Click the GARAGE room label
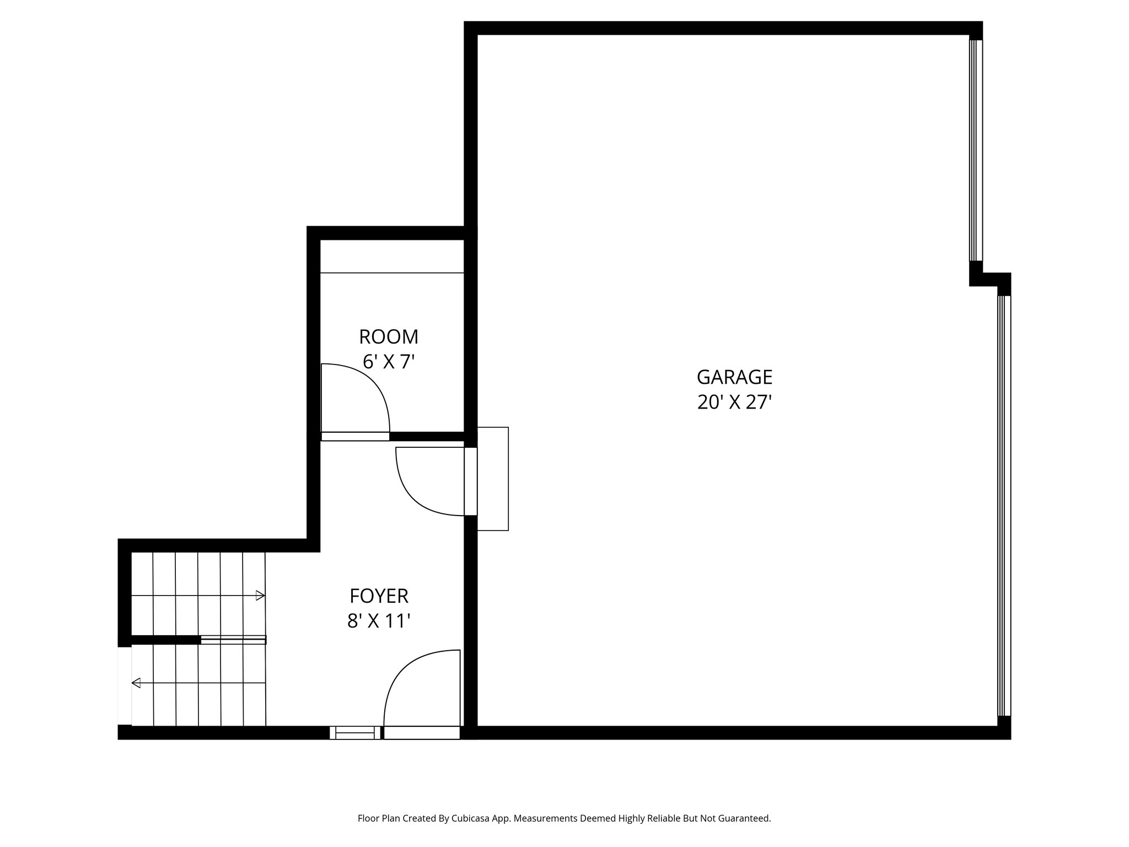(x=734, y=377)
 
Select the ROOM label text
(x=389, y=336)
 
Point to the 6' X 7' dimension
(x=389, y=362)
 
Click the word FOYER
(x=379, y=596)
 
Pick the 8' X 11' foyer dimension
(x=379, y=621)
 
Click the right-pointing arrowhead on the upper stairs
(x=260, y=596)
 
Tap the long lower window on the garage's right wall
(x=1004, y=505)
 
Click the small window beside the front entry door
(x=355, y=733)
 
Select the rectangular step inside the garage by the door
(x=493, y=479)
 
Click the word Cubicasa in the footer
(x=472, y=819)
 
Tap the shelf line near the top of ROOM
(x=392, y=272)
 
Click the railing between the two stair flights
(x=233, y=640)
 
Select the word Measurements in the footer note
(x=546, y=819)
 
